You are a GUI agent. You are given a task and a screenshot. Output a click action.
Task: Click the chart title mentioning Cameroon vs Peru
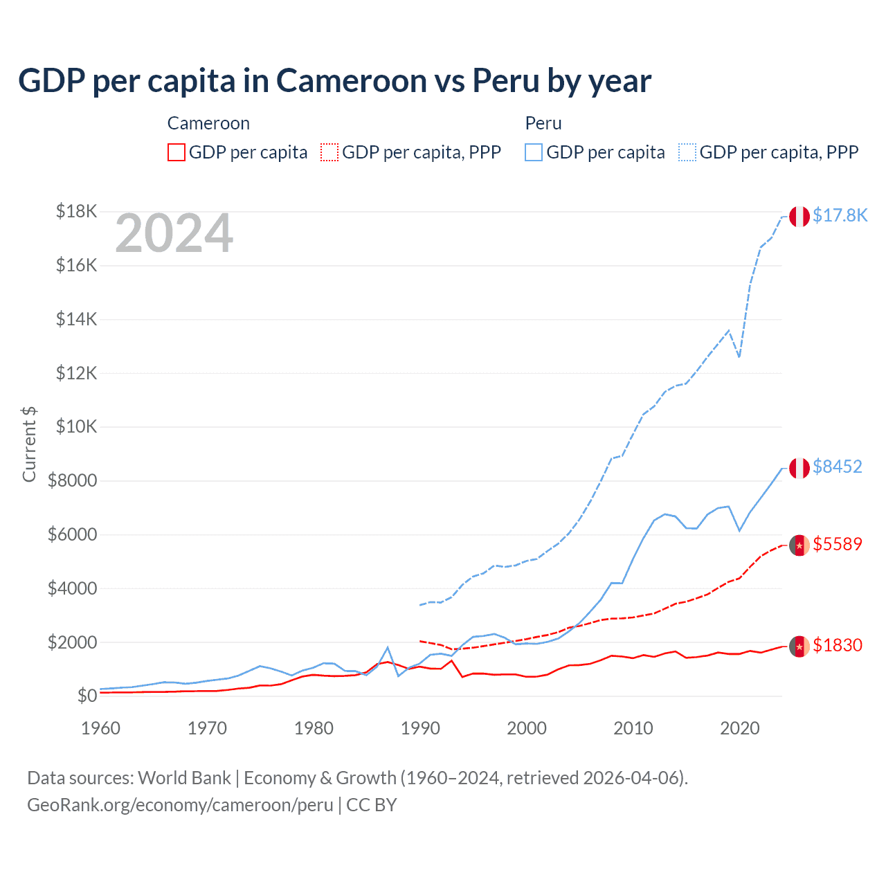click(x=334, y=81)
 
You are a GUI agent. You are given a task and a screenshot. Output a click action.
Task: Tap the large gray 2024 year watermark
click(x=174, y=234)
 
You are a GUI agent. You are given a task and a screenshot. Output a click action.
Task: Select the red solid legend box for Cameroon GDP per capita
click(x=177, y=152)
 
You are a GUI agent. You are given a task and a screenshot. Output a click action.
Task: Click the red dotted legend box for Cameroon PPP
click(x=330, y=152)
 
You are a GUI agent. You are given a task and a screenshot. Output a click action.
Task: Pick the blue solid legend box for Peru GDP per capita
click(x=534, y=152)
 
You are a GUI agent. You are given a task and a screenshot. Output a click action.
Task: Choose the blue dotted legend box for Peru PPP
click(x=687, y=152)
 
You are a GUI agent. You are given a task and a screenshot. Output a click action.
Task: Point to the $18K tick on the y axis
click(x=76, y=211)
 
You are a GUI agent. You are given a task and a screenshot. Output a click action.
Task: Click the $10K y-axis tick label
click(x=76, y=426)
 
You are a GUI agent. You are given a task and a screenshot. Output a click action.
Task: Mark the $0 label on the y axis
click(x=87, y=696)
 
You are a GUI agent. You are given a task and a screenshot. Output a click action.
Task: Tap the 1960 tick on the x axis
click(x=101, y=728)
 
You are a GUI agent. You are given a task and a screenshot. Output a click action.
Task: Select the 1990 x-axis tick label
click(x=420, y=728)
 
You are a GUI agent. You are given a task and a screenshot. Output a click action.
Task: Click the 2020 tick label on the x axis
click(x=740, y=728)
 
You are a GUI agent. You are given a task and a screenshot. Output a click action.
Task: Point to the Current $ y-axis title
click(x=29, y=444)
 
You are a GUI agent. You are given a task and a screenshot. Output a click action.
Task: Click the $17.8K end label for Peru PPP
click(x=840, y=216)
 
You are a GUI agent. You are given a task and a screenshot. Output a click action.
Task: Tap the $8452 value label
click(x=838, y=467)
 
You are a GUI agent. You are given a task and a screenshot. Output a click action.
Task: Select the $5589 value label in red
click(x=838, y=545)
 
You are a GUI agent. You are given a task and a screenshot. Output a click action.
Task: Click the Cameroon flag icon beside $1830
click(x=799, y=646)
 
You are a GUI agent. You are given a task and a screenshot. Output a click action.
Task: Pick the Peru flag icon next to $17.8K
click(x=799, y=217)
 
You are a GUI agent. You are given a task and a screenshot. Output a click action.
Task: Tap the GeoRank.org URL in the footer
click(x=180, y=805)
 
